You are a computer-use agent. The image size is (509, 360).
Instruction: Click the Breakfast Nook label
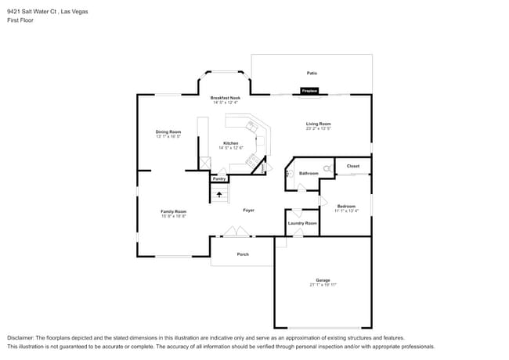click(x=225, y=98)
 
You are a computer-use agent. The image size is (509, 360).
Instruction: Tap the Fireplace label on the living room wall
click(x=311, y=92)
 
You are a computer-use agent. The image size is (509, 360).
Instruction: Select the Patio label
click(x=312, y=73)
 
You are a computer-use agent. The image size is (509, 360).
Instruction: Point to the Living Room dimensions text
click(x=318, y=128)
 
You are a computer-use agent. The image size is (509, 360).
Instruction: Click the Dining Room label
click(x=168, y=131)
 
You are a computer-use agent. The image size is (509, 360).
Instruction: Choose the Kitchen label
click(x=230, y=143)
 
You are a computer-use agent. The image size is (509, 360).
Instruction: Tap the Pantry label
click(x=219, y=178)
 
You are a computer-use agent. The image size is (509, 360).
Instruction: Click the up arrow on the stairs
click(x=219, y=193)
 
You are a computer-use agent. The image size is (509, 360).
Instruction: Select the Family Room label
click(x=174, y=211)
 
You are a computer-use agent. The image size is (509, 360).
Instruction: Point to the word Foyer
click(x=248, y=210)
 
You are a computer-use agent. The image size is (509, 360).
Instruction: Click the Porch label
click(x=243, y=254)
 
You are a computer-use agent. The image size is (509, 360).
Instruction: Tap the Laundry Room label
click(x=302, y=224)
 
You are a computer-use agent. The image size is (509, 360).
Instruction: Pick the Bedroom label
click(x=347, y=206)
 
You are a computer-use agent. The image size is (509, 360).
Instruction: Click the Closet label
click(x=353, y=166)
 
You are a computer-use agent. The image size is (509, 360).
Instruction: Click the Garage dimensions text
click(x=323, y=285)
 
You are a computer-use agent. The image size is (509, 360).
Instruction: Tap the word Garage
click(x=323, y=280)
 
